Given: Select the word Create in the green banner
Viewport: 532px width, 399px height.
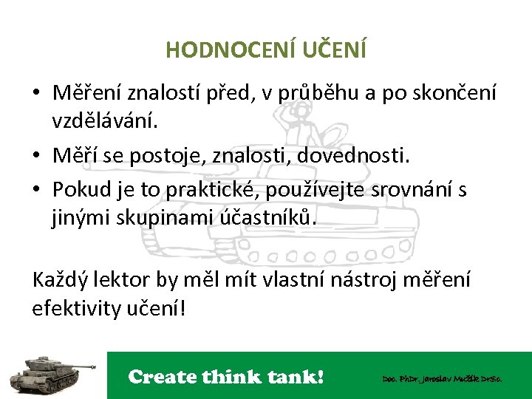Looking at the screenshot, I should (160, 377).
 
